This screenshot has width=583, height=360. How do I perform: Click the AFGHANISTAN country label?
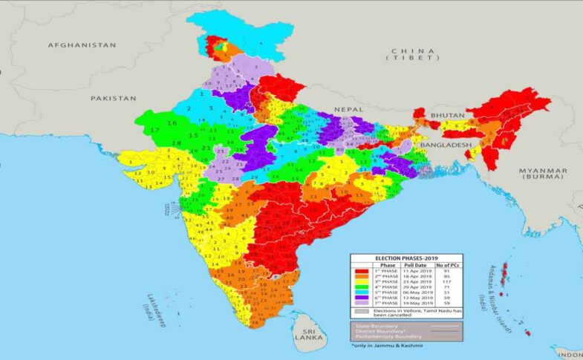click(x=82, y=45)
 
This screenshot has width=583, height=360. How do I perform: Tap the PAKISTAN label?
click(x=114, y=98)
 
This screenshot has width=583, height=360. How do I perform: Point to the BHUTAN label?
click(x=446, y=116)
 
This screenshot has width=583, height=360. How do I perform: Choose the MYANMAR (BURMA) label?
click(x=544, y=174)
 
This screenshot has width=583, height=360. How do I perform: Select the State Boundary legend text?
click(x=376, y=325)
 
